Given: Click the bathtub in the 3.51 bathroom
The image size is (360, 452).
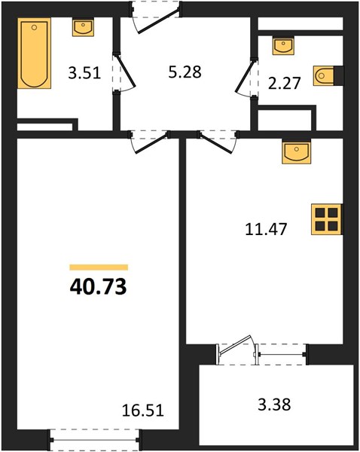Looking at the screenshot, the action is point(35,53).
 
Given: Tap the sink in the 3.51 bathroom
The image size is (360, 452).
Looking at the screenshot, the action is point(83,28).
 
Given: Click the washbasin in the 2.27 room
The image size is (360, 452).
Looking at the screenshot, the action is point(283,46).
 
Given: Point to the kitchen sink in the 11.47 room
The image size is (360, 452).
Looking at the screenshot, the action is point(296,151).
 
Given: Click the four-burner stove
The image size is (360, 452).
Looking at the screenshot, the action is point(327,219).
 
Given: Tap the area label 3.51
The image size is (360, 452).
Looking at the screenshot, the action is point(84,72).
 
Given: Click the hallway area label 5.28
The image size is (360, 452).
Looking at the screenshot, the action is point(185,72).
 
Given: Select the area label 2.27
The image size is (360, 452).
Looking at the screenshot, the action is point(285,83).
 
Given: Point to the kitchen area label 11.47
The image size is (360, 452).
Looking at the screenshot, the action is point(266,230).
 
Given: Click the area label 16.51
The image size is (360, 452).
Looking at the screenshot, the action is point(143,411).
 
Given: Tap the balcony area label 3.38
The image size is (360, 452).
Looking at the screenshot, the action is point(274,404).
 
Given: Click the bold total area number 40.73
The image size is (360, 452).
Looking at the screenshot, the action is point(99,287).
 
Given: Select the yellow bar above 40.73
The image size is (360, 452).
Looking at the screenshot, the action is point(99,267).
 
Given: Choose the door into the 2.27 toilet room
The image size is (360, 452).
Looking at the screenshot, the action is point(246,78).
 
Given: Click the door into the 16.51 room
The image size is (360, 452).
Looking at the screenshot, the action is point(149,142).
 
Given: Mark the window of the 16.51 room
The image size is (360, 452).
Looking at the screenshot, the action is point(95,440).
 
